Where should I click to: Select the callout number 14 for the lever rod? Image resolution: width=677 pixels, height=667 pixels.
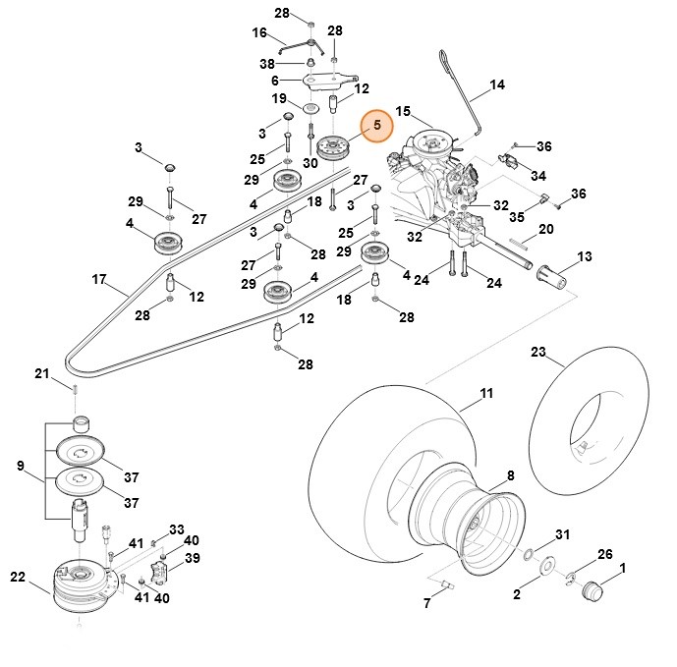click(497, 84)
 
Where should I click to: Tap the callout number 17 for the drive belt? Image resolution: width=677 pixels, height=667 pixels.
click(99, 279)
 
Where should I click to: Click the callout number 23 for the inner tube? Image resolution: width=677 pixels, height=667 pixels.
click(538, 351)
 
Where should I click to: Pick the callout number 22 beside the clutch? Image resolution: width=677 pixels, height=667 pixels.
click(18, 576)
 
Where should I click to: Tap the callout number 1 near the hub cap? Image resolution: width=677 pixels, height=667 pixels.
click(622, 568)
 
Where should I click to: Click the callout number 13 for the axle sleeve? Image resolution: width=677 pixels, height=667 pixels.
click(585, 256)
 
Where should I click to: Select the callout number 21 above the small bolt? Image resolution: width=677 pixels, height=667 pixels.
click(41, 373)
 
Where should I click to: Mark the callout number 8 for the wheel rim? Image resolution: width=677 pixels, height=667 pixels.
click(510, 474)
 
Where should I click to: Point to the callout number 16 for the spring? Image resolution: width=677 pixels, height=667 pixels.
click(259, 32)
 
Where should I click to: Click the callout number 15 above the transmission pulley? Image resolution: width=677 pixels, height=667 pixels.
click(402, 111)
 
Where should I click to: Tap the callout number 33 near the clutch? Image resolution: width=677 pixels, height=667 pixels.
click(177, 529)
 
